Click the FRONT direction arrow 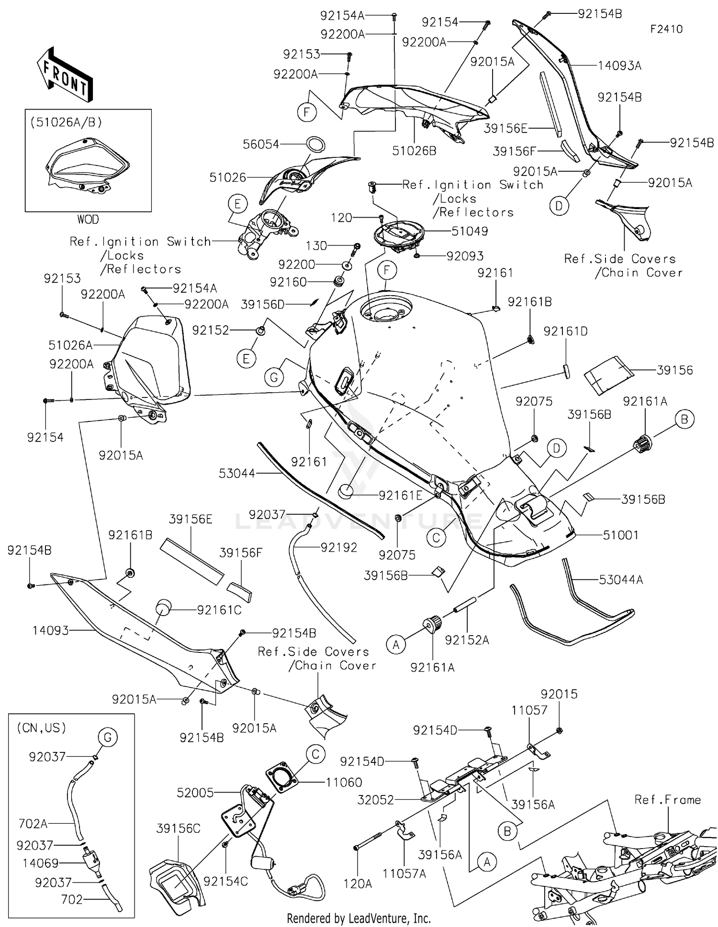point(65,74)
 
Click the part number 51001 point(620,535)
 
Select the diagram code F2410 point(666,29)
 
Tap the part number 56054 point(261,144)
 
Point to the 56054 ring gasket point(316,144)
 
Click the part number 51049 point(470,231)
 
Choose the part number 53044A point(621,580)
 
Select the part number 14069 point(41,863)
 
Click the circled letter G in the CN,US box point(107,737)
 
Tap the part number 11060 point(344,783)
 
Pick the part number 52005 point(195,793)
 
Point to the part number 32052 point(376,800)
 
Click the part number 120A point(358,884)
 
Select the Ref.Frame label point(667,800)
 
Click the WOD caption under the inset point(88,219)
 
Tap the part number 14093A point(620,66)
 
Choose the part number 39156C point(178,828)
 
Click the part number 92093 point(465,256)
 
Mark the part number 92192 point(339,547)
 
